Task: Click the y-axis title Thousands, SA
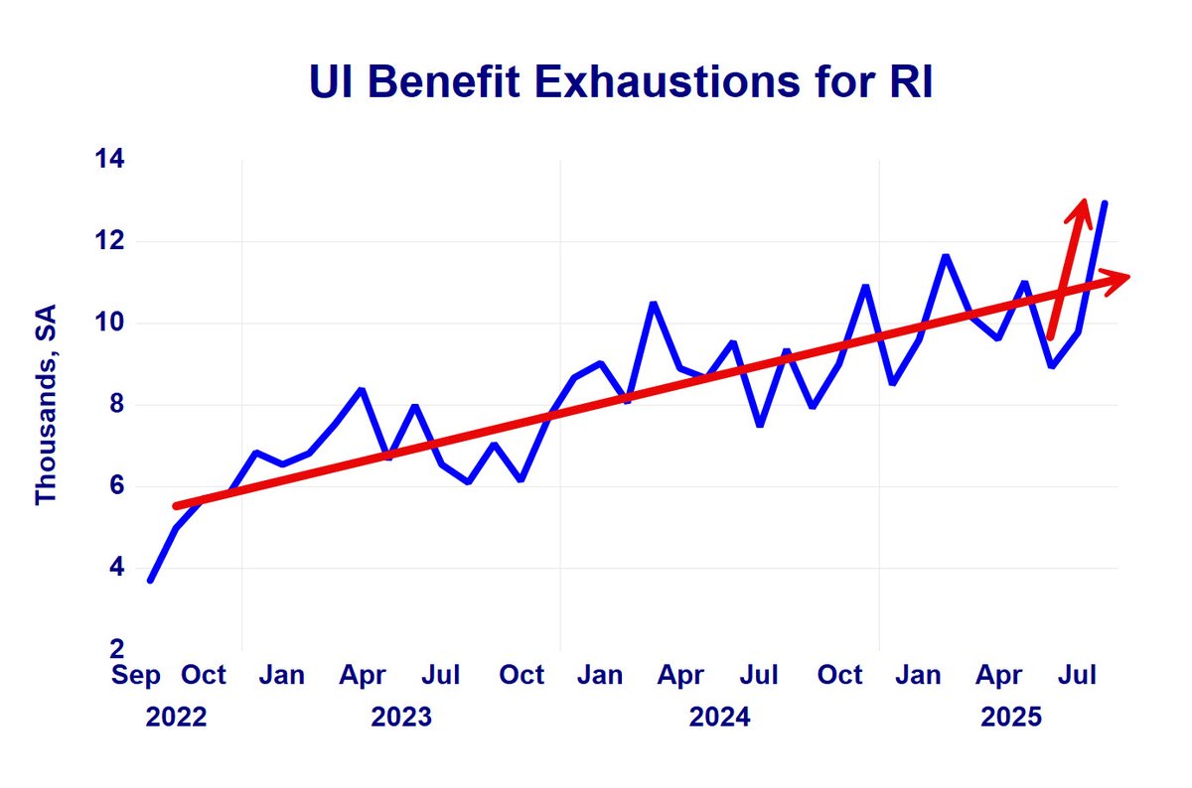[x=46, y=405]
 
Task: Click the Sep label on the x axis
[x=137, y=676]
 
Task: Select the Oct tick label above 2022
[x=204, y=676]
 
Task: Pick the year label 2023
[x=401, y=717]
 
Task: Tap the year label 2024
[x=720, y=717]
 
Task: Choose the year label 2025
[x=1011, y=717]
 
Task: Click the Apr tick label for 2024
[x=681, y=676]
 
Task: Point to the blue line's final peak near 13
[x=1105, y=203]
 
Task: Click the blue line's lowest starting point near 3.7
[x=150, y=580]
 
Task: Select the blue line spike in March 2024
[x=653, y=304]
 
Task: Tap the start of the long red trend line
[x=176, y=506]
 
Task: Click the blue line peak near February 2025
[x=945, y=256]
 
